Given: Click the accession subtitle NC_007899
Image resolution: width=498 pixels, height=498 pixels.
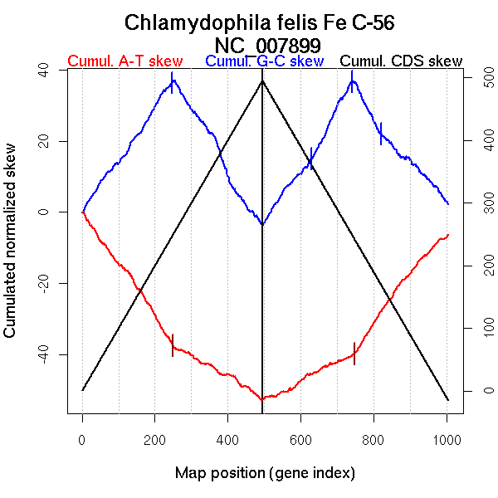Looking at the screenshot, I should [266, 44].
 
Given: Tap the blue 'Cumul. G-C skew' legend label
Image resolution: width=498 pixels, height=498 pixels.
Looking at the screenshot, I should [264, 61].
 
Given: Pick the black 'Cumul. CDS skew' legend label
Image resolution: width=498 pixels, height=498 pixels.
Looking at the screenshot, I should [402, 61].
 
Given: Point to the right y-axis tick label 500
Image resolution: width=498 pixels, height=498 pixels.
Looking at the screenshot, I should [479, 78].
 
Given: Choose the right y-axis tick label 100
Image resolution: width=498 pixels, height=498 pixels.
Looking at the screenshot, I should [479, 328].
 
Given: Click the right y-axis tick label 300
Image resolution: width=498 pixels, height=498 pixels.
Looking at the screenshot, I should [479, 203].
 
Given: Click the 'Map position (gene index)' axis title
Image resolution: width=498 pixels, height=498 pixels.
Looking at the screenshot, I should [265, 473].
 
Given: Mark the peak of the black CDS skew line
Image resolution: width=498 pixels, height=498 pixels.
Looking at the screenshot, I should [262, 81].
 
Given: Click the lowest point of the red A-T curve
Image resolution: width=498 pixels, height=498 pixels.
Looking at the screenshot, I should [261, 399].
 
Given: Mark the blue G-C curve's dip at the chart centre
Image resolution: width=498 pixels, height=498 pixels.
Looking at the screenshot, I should [262, 224].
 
